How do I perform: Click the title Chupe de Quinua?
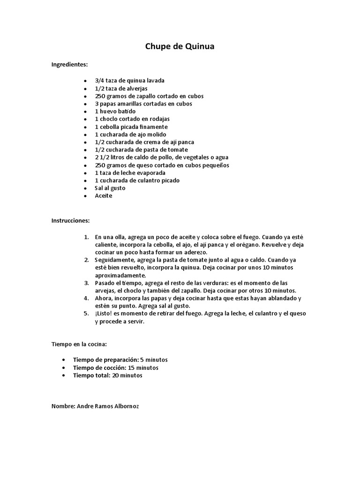coord(180,46)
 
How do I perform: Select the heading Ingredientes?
coord(69,64)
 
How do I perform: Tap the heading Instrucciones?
coord(70,220)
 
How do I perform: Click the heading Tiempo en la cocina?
coord(79,344)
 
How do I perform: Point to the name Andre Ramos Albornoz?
coord(95,406)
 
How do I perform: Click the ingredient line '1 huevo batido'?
coord(115,112)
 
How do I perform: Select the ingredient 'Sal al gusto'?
coord(110,188)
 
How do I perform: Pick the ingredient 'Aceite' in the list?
coord(104,195)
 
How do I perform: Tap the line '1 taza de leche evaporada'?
coord(130,172)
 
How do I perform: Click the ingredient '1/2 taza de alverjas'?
coord(121,88)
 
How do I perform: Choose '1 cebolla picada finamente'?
coord(131,127)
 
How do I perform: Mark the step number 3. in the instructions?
coord(86,283)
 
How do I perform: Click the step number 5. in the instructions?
coord(86,313)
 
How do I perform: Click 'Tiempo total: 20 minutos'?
coord(107,375)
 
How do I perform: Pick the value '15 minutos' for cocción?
coord(143,367)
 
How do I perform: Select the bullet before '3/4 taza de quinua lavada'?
coord(85,81)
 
